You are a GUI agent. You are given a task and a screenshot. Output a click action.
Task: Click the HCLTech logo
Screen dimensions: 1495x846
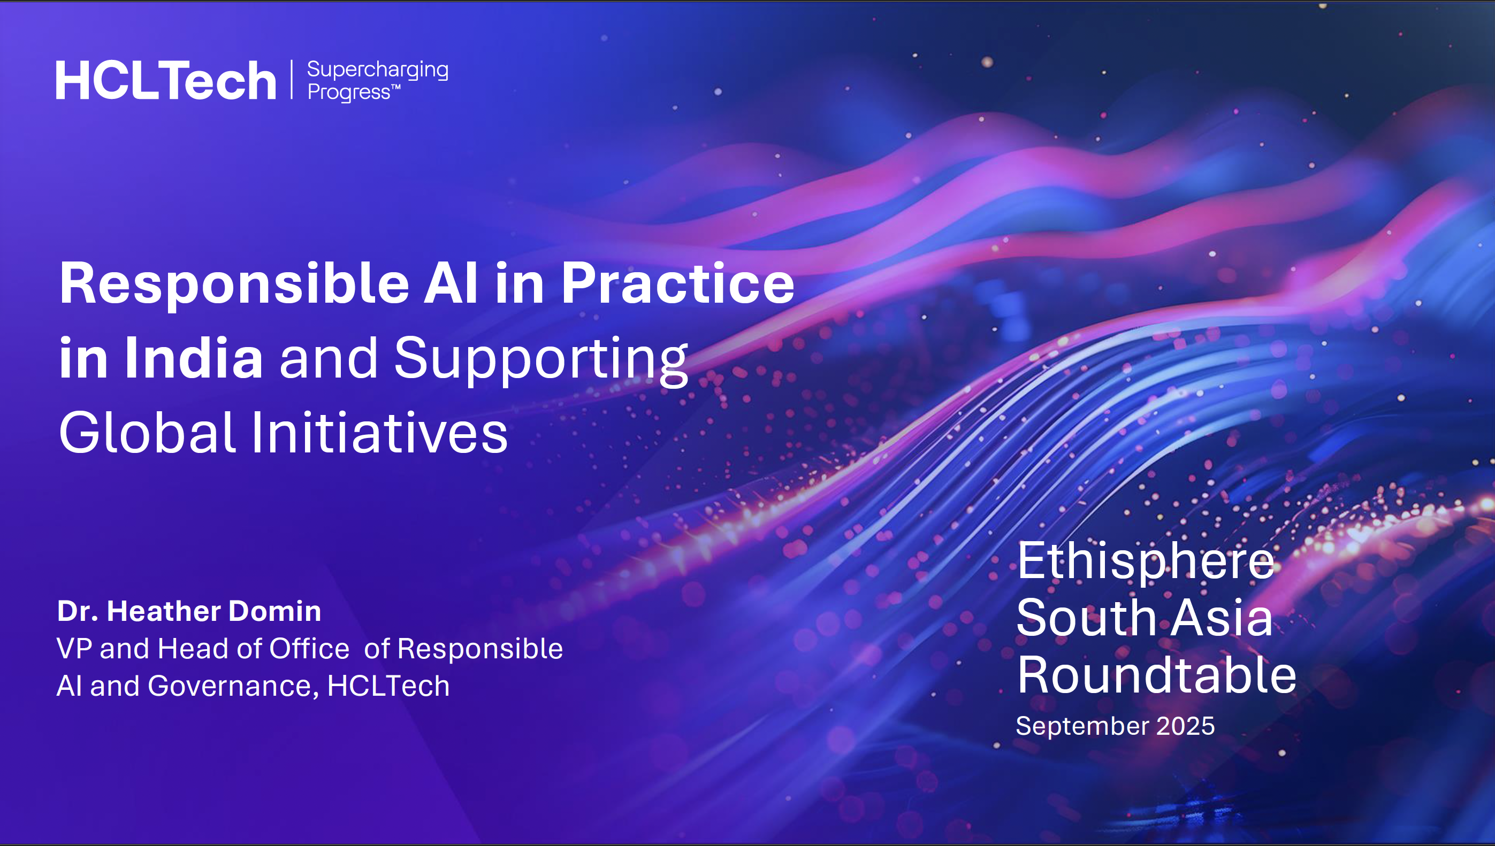point(166,80)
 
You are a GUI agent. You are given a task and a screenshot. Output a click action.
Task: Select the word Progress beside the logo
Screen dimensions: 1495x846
point(349,93)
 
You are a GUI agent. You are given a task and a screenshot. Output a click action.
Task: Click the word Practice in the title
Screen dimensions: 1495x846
point(678,283)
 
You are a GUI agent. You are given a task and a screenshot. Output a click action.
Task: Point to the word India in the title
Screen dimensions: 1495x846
point(194,358)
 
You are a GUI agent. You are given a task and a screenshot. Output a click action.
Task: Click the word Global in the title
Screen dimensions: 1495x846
point(147,432)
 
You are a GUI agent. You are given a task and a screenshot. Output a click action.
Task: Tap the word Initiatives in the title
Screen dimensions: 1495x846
point(379,432)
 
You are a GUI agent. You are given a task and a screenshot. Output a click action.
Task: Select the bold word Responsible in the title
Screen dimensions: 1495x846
point(234,283)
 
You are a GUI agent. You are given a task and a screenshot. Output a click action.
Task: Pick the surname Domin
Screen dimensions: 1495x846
point(275,611)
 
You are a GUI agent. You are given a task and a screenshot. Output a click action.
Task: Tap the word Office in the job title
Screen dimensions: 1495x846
point(309,649)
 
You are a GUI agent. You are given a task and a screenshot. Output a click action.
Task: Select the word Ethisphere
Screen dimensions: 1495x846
point(1146,562)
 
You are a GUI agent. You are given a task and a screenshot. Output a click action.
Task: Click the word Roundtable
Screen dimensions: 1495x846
point(1157,674)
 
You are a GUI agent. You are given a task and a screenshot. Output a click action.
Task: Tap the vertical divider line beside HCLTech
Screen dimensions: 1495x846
point(292,80)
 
